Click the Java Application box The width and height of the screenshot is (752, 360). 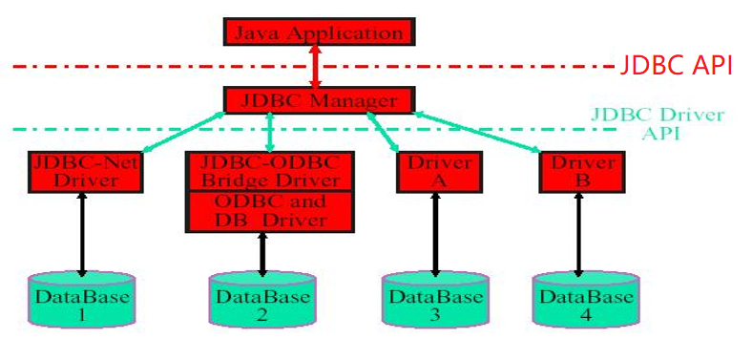point(318,32)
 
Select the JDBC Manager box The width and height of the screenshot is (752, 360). point(319,99)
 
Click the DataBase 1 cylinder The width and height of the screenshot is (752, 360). point(81,301)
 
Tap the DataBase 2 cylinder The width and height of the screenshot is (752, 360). point(262,301)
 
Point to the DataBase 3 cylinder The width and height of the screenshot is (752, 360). point(435,301)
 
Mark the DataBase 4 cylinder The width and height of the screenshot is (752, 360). point(585,301)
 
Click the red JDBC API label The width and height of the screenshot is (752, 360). point(676,66)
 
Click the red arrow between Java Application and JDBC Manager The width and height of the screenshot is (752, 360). point(317,66)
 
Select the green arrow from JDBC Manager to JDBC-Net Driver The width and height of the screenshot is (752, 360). point(181,131)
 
